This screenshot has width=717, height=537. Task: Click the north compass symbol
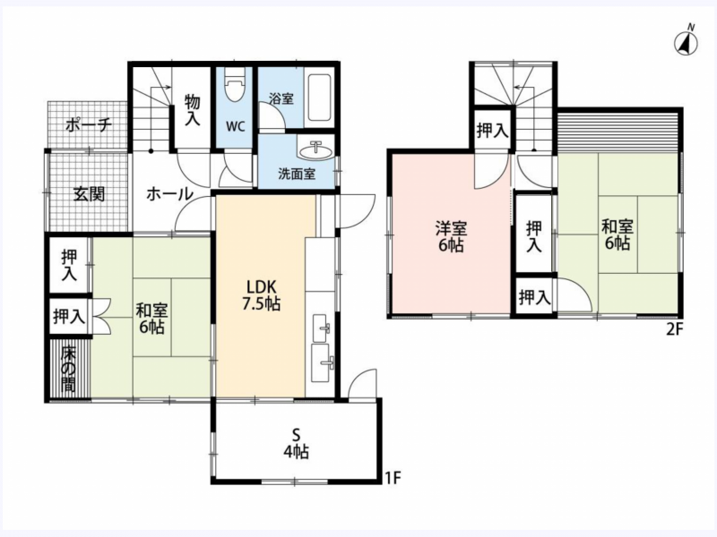tap(686, 42)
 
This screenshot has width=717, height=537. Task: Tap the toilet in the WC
tap(236, 85)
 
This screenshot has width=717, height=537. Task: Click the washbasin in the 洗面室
tap(315, 149)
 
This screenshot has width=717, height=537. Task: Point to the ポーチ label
tap(88, 124)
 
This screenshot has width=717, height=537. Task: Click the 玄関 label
tap(89, 194)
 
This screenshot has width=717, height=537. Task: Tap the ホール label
tap(169, 194)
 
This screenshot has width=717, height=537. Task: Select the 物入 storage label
tap(193, 109)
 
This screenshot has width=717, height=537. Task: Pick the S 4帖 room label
tap(296, 442)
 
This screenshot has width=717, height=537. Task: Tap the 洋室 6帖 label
tap(451, 236)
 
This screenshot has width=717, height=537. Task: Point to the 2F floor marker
tap(675, 328)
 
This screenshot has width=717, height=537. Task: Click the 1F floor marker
tap(393, 478)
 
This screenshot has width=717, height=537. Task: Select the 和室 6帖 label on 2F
tap(618, 234)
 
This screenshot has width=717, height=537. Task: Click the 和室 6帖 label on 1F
tap(151, 319)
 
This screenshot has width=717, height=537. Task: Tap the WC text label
tap(236, 126)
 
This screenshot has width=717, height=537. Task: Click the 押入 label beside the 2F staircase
tap(492, 131)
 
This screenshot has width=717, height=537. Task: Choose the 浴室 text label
tap(281, 98)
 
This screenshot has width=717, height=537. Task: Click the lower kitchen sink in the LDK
tap(322, 362)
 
